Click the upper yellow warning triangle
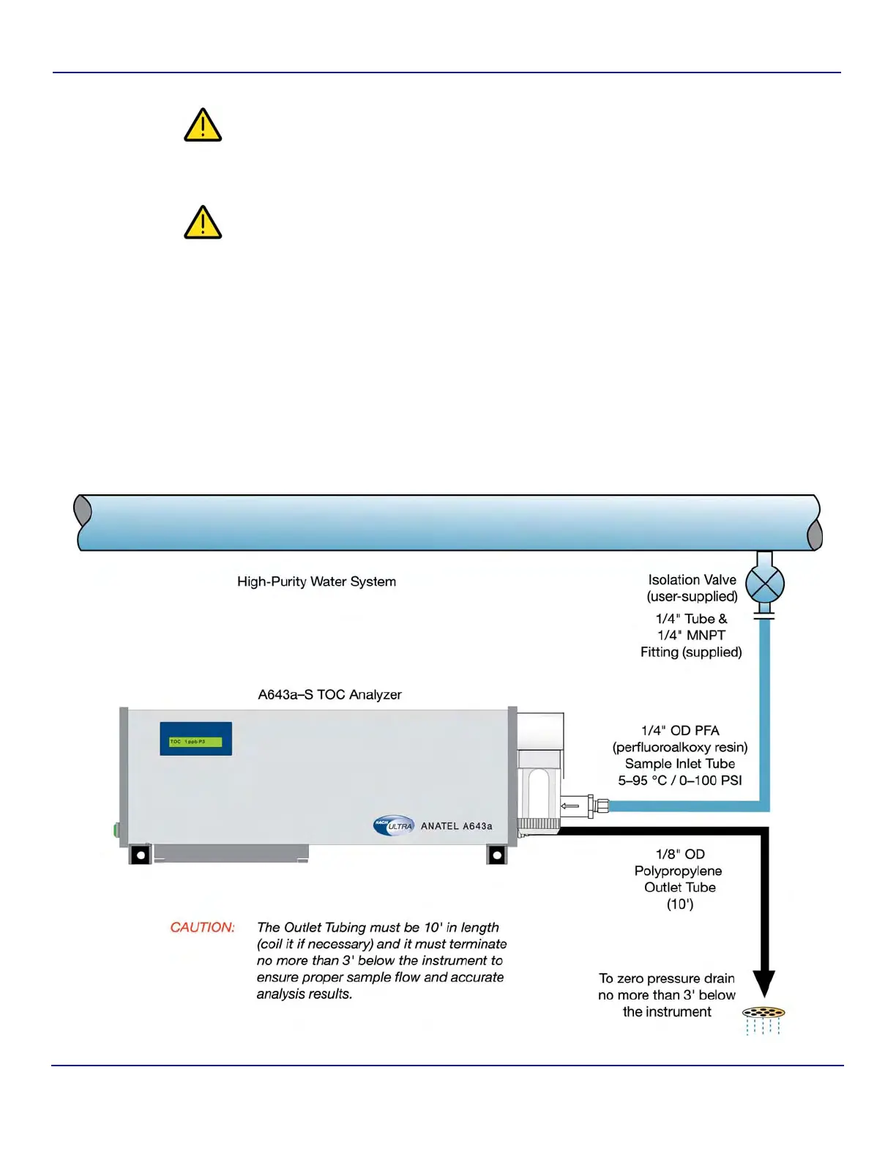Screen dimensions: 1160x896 203,126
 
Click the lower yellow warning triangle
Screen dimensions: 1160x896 203,223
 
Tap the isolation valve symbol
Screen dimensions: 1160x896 764,584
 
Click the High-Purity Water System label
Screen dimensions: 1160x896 316,581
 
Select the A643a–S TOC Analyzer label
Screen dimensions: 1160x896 329,694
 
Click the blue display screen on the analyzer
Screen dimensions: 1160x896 195,739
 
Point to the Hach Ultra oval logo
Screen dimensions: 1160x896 394,825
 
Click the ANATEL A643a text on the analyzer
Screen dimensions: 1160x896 456,826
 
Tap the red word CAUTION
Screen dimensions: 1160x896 202,927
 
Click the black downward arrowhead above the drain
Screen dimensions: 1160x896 764,984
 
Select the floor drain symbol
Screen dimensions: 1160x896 764,1014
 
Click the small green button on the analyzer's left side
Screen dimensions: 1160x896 116,830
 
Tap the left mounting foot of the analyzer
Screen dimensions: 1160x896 140,855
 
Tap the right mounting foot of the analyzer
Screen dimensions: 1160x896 496,855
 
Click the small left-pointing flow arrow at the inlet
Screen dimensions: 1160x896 570,806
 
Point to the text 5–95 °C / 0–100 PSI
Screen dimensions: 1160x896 679,781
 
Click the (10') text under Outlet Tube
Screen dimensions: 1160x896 679,904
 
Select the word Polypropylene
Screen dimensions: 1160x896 678,871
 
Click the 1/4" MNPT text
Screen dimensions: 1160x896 691,635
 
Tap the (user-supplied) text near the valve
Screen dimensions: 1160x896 692,596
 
